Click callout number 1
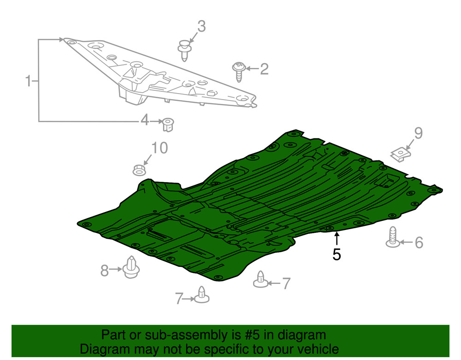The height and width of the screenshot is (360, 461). click(x=28, y=81)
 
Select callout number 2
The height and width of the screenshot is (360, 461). click(x=264, y=69)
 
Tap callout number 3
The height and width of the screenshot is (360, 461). click(x=201, y=26)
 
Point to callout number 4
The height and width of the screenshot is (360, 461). click(x=145, y=120)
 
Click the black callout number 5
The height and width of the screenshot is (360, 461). click(x=337, y=254)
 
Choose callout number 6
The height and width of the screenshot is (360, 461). click(x=419, y=243)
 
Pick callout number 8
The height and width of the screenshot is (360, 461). click(x=105, y=271)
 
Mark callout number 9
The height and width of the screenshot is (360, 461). click(x=419, y=133)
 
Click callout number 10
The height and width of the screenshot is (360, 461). click(x=160, y=148)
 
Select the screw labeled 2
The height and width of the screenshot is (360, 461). click(x=239, y=71)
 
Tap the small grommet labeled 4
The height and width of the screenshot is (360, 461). click(x=168, y=124)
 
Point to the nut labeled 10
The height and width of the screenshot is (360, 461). click(x=139, y=170)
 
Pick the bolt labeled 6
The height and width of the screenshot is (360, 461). click(x=393, y=237)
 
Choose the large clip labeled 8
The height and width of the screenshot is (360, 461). click(x=130, y=267)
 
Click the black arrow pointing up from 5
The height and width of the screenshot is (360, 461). click(x=337, y=238)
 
